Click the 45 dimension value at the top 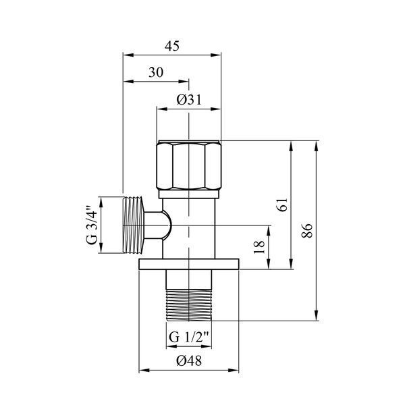coord(171,46)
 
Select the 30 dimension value coord(156,72)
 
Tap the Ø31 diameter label coord(189,100)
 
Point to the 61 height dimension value coord(283,205)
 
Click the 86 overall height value coord(307,230)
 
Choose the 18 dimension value coord(259,247)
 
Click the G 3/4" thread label coord(92,225)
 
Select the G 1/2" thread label coord(189,337)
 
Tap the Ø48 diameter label coord(189,360)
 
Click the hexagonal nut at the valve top coord(189,165)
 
